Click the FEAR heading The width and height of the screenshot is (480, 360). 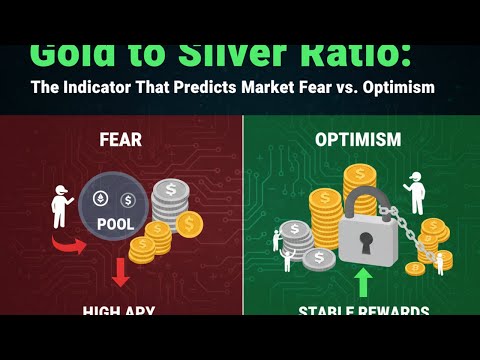[x=119, y=139]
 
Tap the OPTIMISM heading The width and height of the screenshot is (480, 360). [x=358, y=139]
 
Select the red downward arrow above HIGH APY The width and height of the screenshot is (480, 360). [x=120, y=273]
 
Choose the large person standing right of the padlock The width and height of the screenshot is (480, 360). [x=414, y=192]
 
